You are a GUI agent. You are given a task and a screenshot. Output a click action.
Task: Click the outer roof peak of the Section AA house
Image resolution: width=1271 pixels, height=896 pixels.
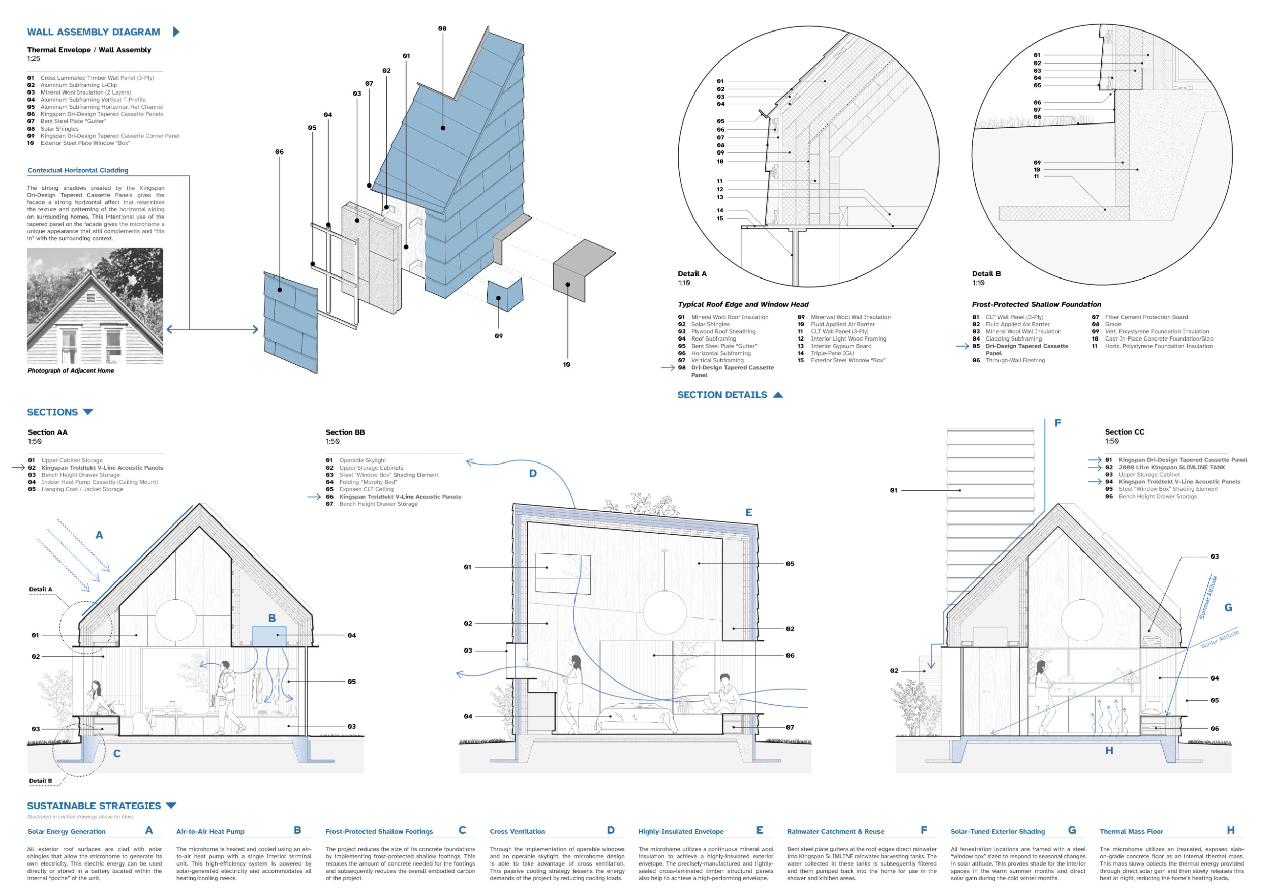(x=200, y=504)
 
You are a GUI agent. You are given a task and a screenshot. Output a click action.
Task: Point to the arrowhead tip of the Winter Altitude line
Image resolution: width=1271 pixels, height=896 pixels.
(x=990, y=734)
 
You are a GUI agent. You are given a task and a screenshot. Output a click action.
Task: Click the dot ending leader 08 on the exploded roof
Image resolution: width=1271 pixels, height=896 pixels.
(x=443, y=128)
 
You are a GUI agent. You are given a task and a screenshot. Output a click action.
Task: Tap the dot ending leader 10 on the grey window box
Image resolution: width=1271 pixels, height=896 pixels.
(x=568, y=285)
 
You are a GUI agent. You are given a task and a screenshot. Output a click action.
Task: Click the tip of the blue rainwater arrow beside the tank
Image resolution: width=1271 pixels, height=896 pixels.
(x=932, y=669)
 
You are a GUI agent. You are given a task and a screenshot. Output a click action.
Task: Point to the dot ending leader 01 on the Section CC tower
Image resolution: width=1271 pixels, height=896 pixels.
(x=960, y=491)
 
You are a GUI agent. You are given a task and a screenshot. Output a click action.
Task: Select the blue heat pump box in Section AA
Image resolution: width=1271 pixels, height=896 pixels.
(x=269, y=636)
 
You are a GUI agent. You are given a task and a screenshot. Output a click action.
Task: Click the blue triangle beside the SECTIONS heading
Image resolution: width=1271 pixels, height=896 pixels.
(x=88, y=412)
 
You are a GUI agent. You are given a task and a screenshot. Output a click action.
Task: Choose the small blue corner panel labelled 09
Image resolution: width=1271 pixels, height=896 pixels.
(x=504, y=296)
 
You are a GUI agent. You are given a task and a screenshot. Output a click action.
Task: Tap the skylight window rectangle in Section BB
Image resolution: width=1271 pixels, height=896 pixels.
(x=563, y=573)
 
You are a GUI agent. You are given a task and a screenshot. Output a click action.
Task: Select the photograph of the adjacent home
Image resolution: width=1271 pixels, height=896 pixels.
(x=95, y=305)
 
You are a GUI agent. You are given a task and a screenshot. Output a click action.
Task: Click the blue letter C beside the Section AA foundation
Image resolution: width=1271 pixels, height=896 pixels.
(x=117, y=754)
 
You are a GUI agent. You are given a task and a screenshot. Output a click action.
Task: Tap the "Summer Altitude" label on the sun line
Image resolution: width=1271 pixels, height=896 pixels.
(x=1208, y=598)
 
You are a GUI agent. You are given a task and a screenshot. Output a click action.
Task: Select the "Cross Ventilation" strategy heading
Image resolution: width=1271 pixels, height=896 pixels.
(x=517, y=832)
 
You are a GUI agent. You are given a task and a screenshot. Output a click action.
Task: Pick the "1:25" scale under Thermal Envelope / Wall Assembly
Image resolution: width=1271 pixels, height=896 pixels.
(x=33, y=58)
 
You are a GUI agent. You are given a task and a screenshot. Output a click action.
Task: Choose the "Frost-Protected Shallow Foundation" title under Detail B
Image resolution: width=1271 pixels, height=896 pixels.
(x=1036, y=305)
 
